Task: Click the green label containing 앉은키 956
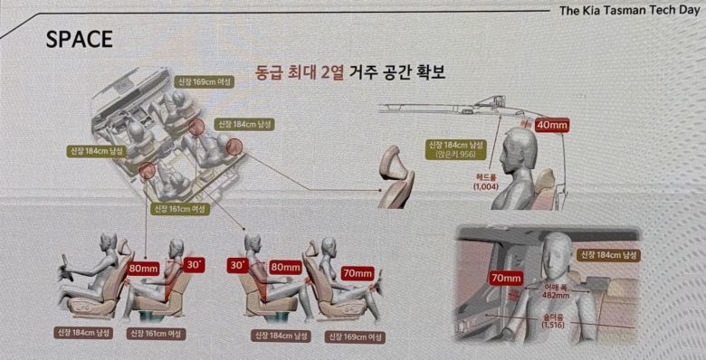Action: pyautogui.click(x=459, y=148)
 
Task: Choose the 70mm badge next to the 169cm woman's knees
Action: pyautogui.click(x=357, y=273)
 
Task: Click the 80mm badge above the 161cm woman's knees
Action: pyautogui.click(x=144, y=269)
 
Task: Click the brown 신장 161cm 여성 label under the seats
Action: pyautogui.click(x=161, y=334)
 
